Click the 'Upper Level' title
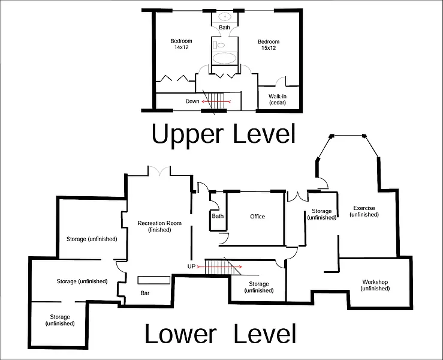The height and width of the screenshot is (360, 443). (223, 133)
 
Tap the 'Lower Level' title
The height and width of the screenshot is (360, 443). (220, 334)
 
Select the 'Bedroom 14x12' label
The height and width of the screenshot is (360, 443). (181, 44)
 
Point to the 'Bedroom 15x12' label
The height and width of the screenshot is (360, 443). (269, 45)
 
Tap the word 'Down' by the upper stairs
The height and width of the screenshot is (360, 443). (192, 101)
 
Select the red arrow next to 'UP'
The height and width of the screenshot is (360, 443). (223, 266)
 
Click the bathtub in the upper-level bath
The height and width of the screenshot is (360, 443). (225, 59)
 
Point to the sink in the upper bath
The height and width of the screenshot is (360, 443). (225, 17)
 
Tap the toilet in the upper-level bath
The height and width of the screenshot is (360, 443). (220, 44)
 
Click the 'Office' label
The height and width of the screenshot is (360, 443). (257, 217)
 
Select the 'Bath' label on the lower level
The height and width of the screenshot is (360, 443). (218, 216)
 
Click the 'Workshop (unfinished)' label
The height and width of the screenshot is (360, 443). (375, 285)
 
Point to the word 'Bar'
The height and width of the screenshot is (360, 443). (144, 293)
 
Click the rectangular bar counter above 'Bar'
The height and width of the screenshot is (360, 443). (154, 280)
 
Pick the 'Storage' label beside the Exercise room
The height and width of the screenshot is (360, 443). (321, 214)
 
